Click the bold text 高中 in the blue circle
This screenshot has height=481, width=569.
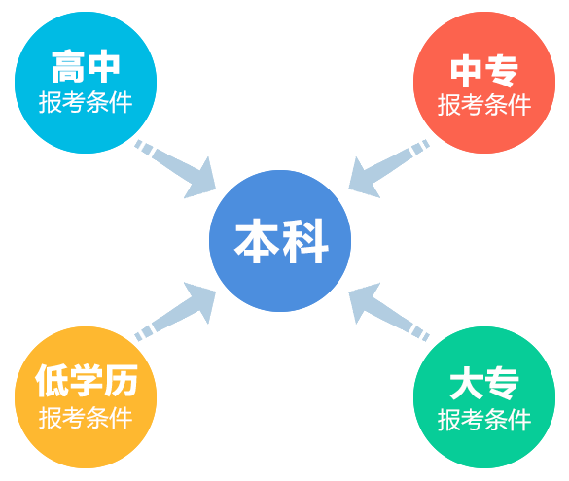pyautogui.click(x=86, y=67)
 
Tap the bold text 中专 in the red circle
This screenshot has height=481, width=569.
pyautogui.click(x=484, y=71)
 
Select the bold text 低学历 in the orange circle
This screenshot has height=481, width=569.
pyautogui.click(x=87, y=381)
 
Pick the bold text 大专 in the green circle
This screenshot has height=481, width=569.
pyautogui.click(x=484, y=383)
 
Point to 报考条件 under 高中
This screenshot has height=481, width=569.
pyautogui.click(x=86, y=102)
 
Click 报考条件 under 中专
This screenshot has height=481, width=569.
pyautogui.click(x=484, y=105)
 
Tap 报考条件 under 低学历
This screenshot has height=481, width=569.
pyautogui.click(x=86, y=418)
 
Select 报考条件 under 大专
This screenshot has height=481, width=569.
pyautogui.click(x=484, y=420)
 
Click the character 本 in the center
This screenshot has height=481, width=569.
pyautogui.click(x=258, y=240)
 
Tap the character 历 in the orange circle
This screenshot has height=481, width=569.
pyautogui.click(x=122, y=381)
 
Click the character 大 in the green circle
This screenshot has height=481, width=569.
pyautogui.click(x=466, y=383)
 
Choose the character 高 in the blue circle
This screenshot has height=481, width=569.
pyautogui.click(x=68, y=67)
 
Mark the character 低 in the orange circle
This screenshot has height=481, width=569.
pyautogui.click(x=52, y=381)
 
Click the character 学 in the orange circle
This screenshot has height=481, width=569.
pyautogui.click(x=87, y=381)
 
